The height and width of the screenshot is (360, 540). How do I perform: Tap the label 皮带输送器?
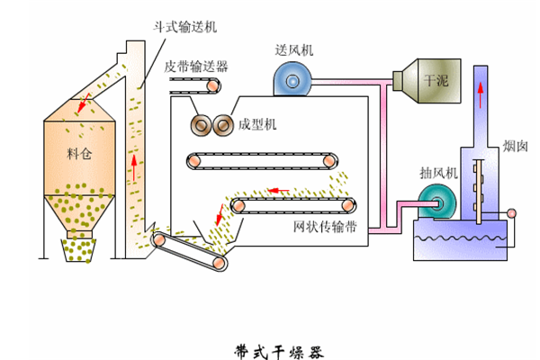(x=195, y=66)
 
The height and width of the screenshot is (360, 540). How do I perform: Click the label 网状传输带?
(x=325, y=228)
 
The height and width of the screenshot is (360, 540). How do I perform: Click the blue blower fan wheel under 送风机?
(x=292, y=82)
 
